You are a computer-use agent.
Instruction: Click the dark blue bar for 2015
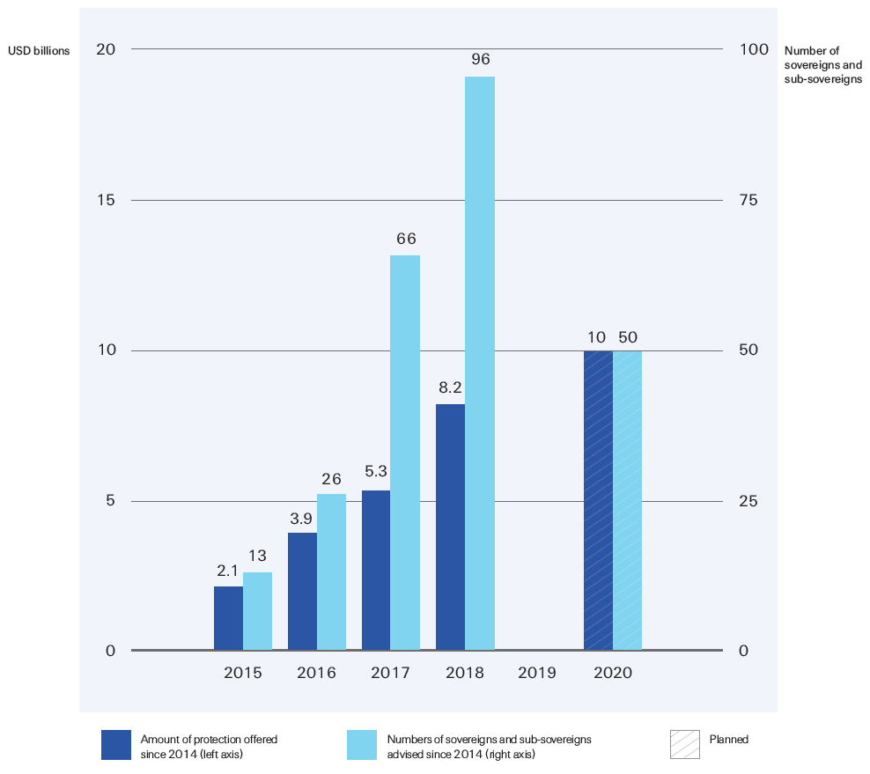[228, 618]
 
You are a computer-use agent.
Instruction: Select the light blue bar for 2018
[480, 364]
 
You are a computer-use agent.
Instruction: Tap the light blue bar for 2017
[405, 453]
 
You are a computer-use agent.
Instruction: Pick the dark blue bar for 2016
[302, 592]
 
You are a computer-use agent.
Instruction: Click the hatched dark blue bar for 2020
[598, 500]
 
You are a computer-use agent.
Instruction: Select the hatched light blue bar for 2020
[628, 500]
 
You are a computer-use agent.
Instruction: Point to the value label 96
[480, 60]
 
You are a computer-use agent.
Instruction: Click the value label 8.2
[450, 387]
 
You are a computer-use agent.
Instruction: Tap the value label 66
[406, 239]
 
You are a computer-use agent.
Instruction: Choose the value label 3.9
[302, 516]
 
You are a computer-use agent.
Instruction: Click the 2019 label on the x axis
[537, 673]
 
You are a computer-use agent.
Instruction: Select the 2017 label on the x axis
[390, 673]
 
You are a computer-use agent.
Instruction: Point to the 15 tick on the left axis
[106, 200]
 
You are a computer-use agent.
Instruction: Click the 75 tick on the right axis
[748, 200]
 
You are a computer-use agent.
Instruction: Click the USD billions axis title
[39, 51]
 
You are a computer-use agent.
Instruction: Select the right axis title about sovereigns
[822, 65]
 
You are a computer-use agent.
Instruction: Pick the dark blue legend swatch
[115, 745]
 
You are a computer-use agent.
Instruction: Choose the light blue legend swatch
[362, 745]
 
